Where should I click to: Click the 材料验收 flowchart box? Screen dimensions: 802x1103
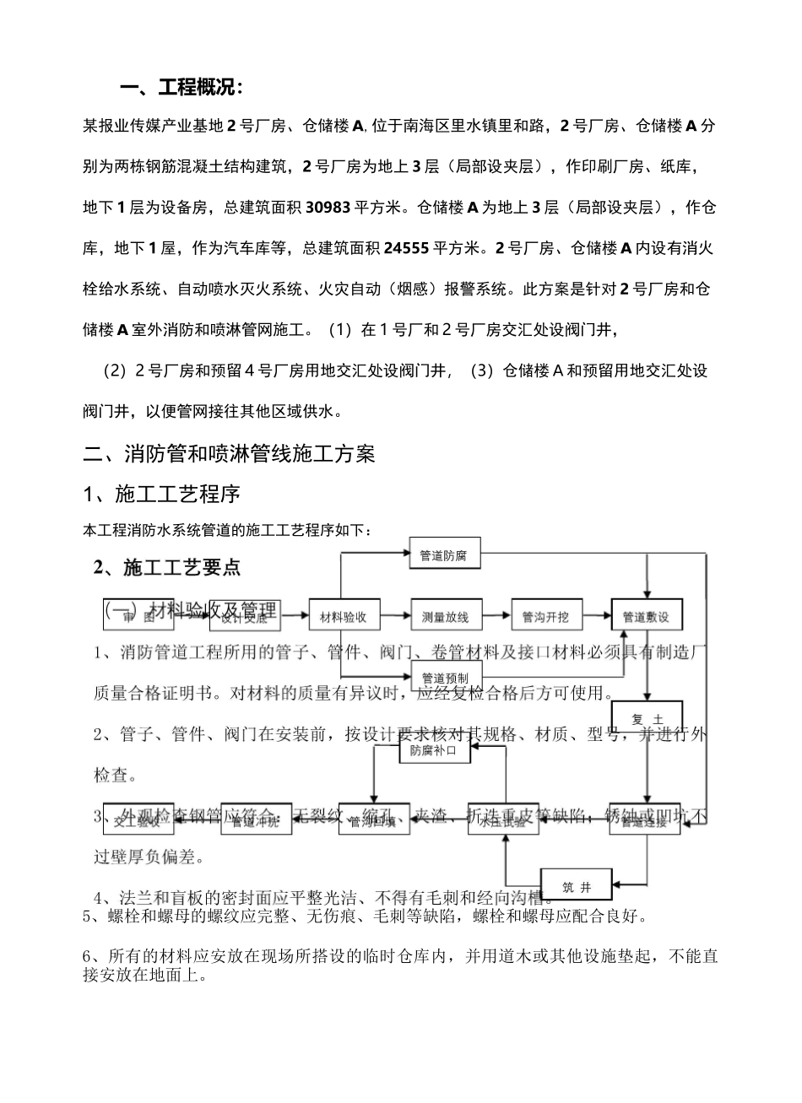pyautogui.click(x=344, y=616)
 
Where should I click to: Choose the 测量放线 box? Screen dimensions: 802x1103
pyautogui.click(x=445, y=616)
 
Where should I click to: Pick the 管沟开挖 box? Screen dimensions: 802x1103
pyautogui.click(x=545, y=616)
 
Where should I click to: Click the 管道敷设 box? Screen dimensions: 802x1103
pyautogui.click(x=647, y=616)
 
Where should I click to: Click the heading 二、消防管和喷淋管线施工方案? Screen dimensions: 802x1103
pyautogui.click(x=229, y=454)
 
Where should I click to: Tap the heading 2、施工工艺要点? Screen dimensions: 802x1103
pyautogui.click(x=168, y=567)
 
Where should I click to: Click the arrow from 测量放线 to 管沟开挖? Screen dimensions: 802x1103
pyautogui.click(x=496, y=616)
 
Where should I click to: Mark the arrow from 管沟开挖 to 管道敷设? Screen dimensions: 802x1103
pyautogui.click(x=596, y=616)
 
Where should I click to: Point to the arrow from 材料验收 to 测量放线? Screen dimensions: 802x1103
pyautogui.click(x=395, y=616)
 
